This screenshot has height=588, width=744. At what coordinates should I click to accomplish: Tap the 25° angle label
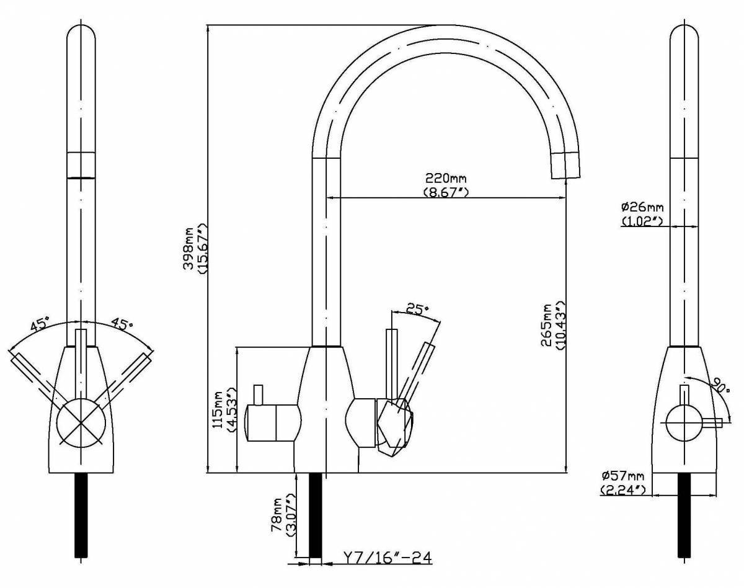(x=417, y=308)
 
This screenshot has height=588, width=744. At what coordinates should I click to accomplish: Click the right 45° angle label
(x=122, y=324)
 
